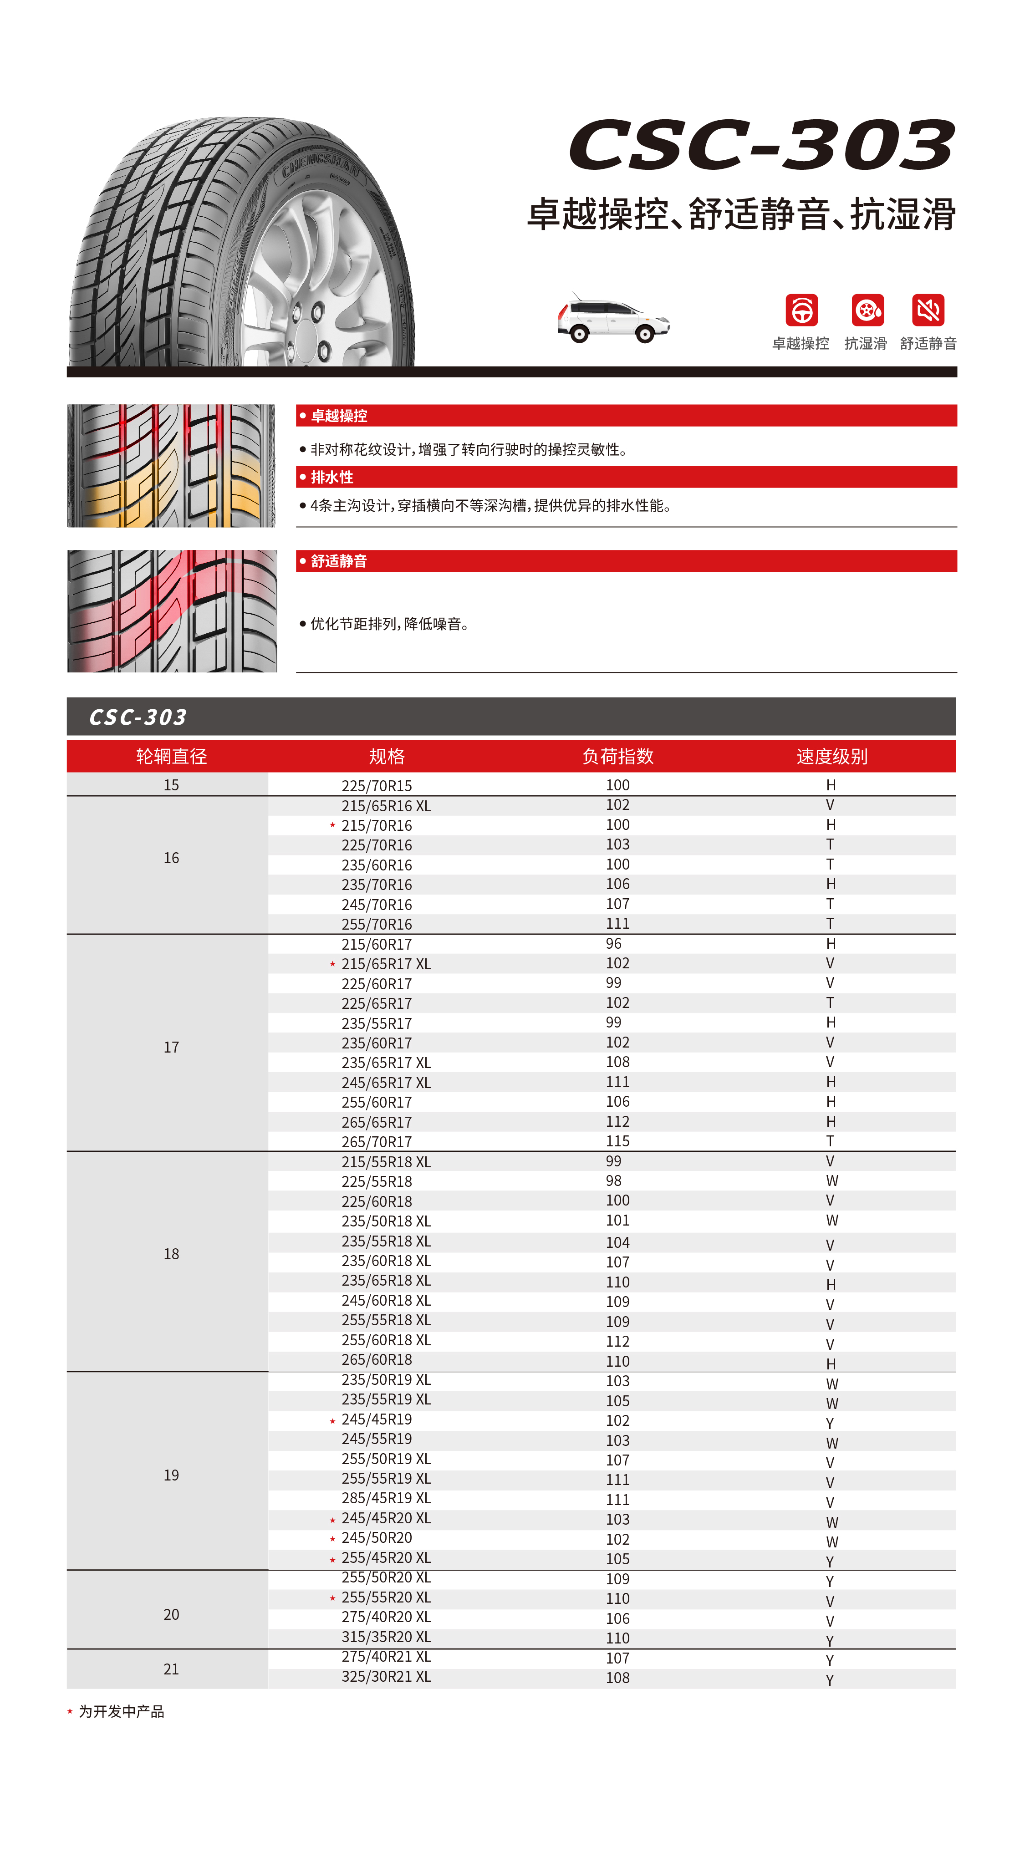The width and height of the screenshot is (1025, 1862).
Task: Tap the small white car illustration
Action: click(x=613, y=320)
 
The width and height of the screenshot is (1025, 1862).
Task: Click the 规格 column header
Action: click(x=387, y=756)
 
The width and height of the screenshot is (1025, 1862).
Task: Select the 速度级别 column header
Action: click(x=831, y=756)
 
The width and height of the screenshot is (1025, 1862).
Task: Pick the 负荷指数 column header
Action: click(x=617, y=756)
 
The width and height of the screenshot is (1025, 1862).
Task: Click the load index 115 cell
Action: click(x=617, y=1141)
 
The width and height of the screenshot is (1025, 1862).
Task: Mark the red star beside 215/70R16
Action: click(x=332, y=825)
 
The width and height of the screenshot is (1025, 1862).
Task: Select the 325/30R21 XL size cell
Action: click(x=386, y=1676)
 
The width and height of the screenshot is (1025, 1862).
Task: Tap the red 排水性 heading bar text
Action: click(x=332, y=477)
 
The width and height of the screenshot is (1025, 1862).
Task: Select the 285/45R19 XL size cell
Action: click(x=386, y=1498)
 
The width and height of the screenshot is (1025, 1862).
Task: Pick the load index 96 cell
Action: click(x=613, y=943)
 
